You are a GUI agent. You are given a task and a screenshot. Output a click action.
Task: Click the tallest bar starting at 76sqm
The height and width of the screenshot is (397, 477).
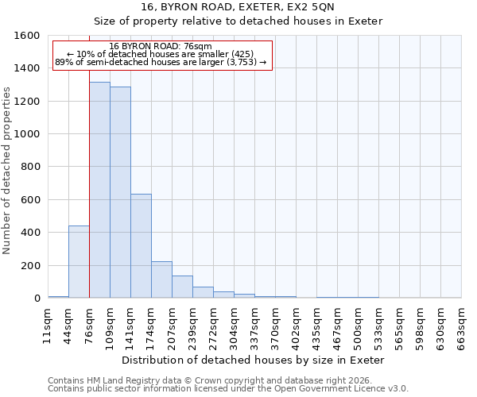pyautogui.click(x=99, y=191)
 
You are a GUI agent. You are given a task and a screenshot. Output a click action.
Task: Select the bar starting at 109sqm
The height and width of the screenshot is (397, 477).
pyautogui.click(x=120, y=193)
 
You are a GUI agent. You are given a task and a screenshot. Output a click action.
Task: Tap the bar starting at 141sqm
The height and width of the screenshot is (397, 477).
pyautogui.click(x=141, y=246)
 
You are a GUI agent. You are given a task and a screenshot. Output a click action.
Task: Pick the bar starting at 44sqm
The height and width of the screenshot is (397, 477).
pyautogui.click(x=79, y=262)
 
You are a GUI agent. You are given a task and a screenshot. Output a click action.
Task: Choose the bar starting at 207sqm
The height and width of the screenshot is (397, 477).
pyautogui.click(x=182, y=287)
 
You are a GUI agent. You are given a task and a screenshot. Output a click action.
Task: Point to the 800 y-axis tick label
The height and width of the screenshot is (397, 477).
pyautogui.click(x=30, y=168)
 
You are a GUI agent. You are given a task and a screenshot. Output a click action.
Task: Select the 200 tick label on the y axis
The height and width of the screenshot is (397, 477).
pyautogui.click(x=30, y=266)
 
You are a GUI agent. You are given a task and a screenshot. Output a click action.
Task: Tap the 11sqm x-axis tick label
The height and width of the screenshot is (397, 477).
pyautogui.click(x=48, y=326)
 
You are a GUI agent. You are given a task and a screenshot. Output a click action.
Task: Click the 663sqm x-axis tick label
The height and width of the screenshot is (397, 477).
pyautogui.click(x=461, y=326)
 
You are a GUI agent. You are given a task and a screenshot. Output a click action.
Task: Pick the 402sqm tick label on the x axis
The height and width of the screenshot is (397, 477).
pyautogui.click(x=296, y=326)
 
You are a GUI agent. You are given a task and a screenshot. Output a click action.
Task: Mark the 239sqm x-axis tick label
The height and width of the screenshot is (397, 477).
pyautogui.click(x=192, y=326)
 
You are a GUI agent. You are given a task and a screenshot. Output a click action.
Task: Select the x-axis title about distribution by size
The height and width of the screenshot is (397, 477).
pyautogui.click(x=254, y=360)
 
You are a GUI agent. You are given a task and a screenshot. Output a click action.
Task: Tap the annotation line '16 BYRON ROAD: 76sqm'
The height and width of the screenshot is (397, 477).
pyautogui.click(x=160, y=47)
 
